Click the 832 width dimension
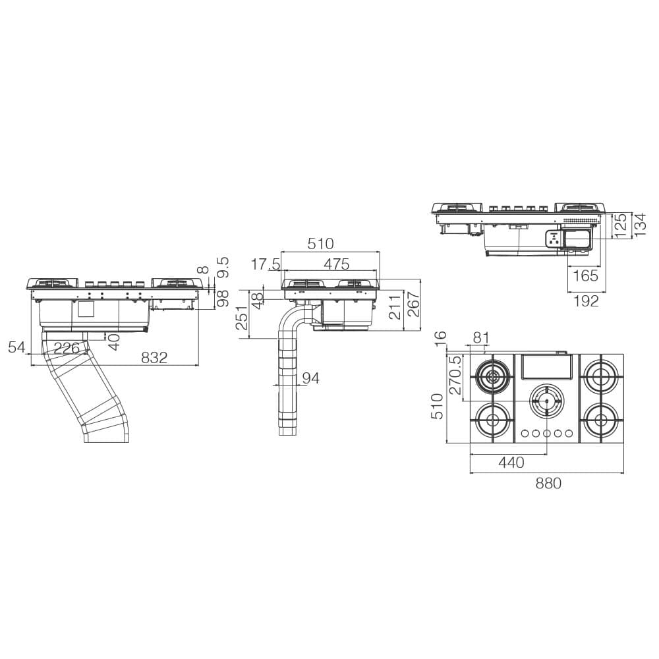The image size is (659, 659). point(154,357)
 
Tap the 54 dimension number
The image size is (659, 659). point(17,347)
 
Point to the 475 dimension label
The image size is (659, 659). point(337,264)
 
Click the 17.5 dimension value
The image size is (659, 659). point(266,264)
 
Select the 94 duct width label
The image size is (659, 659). point(310,378)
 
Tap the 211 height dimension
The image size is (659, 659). point(394,307)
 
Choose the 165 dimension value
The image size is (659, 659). point(586,276)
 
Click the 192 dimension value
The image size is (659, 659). point(586,301)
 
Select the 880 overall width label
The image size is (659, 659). point(548,483)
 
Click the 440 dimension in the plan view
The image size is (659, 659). point(511,463)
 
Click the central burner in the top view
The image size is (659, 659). point(546,401)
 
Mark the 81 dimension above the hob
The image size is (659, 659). point(481,338)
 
